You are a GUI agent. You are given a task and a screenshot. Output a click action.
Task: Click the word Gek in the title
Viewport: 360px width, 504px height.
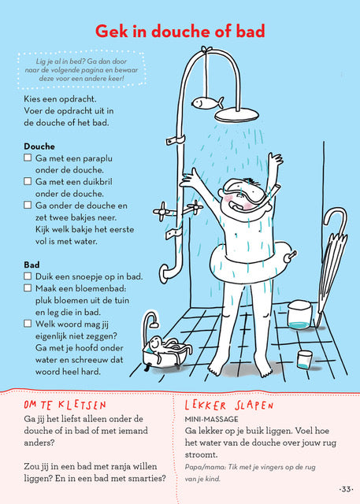[111, 31]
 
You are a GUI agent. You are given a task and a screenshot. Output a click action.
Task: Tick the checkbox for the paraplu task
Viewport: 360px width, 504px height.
[28, 157]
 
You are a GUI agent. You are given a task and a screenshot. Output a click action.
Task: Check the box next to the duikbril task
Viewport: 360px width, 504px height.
[28, 181]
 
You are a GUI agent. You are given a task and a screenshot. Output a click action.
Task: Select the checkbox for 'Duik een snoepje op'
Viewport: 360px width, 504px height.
[28, 276]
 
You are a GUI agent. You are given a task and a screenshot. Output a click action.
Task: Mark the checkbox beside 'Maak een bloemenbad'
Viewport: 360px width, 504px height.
[28, 287]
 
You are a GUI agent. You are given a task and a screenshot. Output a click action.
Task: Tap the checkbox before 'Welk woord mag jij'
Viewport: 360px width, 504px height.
[28, 323]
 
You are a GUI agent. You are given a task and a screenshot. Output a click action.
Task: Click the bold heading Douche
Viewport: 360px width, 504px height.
[39, 146]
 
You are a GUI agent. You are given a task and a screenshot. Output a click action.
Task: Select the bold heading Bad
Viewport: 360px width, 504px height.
[32, 265]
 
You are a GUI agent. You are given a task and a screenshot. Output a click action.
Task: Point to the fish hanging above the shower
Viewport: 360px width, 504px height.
[208, 103]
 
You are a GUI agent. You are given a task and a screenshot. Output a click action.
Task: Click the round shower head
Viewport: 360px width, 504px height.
[236, 115]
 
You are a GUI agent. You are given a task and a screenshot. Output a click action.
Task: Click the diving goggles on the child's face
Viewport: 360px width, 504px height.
[245, 191]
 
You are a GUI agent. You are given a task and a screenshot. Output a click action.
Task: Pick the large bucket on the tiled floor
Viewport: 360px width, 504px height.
[299, 315]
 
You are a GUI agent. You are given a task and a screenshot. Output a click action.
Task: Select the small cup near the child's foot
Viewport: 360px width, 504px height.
[304, 359]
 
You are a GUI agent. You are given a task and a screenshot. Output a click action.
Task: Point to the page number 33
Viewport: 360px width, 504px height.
[346, 489]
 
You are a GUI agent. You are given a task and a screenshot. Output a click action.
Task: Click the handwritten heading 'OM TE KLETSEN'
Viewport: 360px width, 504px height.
[65, 405]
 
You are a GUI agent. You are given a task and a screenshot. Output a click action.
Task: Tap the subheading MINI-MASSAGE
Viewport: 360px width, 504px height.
[211, 419]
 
